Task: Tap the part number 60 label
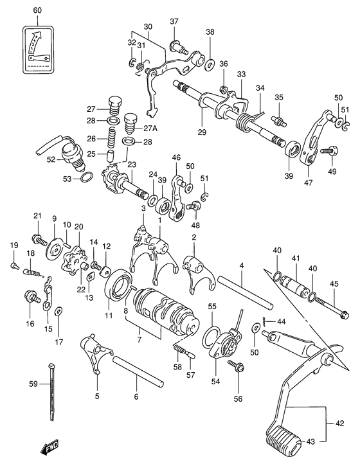click(x=37, y=11)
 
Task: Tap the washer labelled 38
click(x=210, y=64)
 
